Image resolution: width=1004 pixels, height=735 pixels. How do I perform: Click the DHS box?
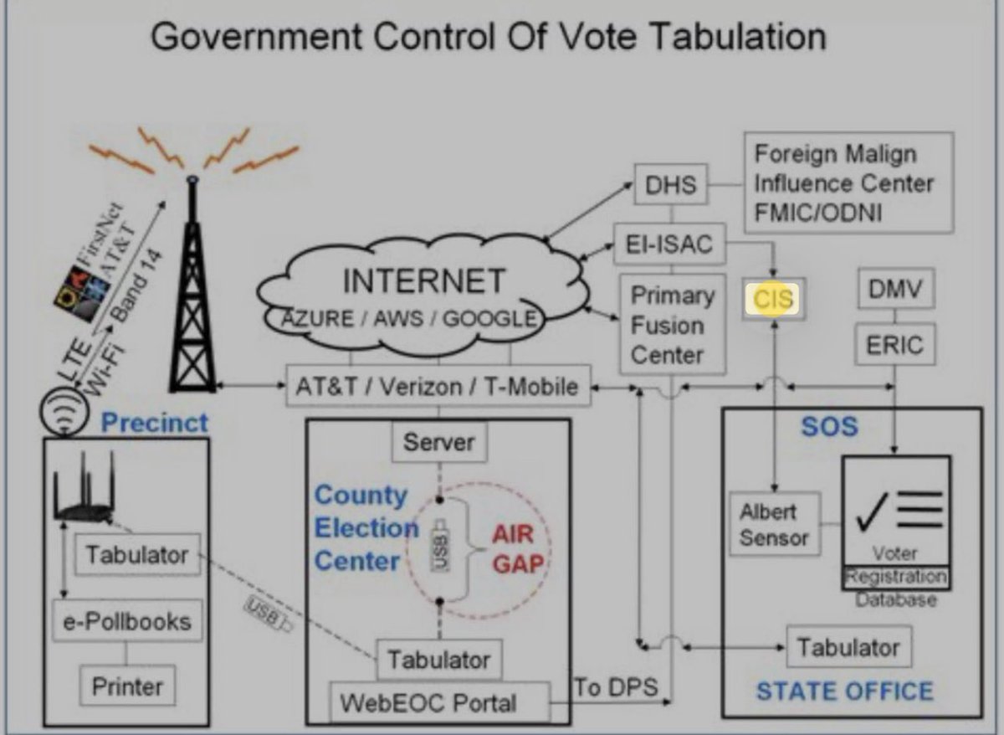coord(671,184)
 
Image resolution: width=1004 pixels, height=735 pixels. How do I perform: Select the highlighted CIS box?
coord(773,299)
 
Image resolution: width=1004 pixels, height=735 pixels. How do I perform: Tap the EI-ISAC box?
coord(668,244)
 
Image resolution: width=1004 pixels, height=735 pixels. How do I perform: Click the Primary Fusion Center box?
coord(672,325)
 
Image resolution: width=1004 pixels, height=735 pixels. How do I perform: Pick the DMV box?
coord(895,290)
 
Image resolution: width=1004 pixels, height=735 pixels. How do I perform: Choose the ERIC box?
coord(895,345)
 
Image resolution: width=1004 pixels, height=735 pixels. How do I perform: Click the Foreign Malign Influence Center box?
coord(848,182)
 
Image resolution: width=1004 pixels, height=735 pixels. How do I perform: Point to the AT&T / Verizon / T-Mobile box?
coord(438,388)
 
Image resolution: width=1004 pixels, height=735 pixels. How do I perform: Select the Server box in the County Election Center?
coord(438,442)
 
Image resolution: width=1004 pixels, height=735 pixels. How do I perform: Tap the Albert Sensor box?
coord(773,525)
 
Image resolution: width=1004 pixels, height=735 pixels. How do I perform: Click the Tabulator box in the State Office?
coord(848,647)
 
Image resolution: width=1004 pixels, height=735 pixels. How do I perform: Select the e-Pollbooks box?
coord(127,621)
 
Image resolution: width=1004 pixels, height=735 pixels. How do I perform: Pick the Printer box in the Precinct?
coord(127,687)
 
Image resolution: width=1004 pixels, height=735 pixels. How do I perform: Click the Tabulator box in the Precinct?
coord(136,554)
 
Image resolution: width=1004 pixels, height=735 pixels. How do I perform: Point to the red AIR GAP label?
coord(512,548)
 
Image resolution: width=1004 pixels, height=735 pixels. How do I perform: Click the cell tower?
coord(192,293)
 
